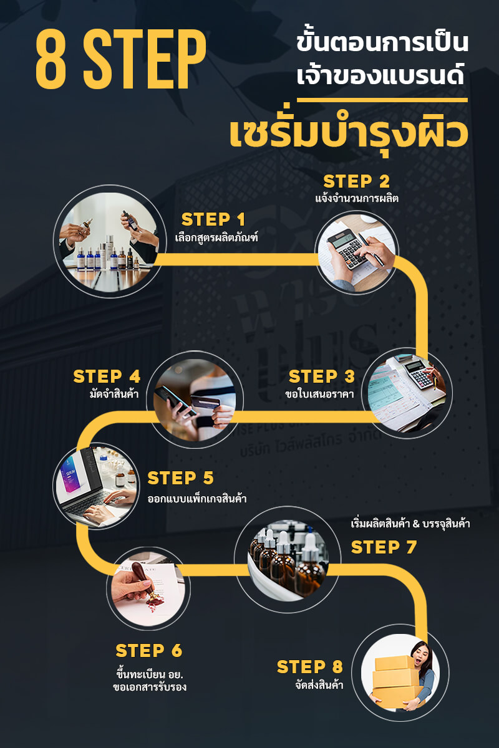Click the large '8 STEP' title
pyautogui.click(x=121, y=59)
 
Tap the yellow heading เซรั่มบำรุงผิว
pyautogui.click(x=349, y=134)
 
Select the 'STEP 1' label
pyautogui.click(x=213, y=219)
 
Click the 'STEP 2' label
pyautogui.click(x=356, y=181)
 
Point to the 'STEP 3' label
pyautogui.click(x=321, y=376)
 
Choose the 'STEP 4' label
pyautogui.click(x=107, y=376)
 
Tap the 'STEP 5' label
pyautogui.click(x=180, y=478)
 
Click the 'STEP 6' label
pyautogui.click(x=148, y=651)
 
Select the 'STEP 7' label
pyautogui.click(x=384, y=547)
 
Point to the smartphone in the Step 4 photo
pyautogui.click(x=175, y=400)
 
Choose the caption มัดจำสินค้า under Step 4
pyautogui.click(x=114, y=394)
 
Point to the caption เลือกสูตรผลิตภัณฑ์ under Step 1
pyautogui.click(x=216, y=238)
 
